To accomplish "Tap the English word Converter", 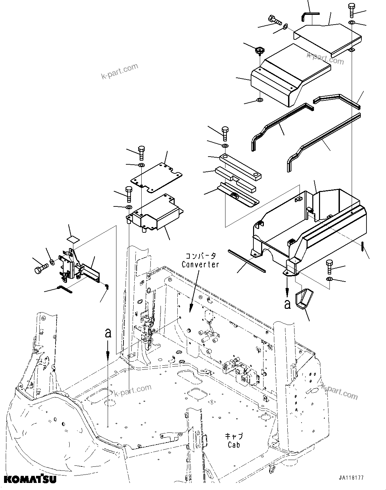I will tap(200, 264).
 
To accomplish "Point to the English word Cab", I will tap(234, 445).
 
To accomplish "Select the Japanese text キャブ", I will tap(234, 436).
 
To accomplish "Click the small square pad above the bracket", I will tap(74, 239).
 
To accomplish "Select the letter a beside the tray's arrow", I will tap(287, 304).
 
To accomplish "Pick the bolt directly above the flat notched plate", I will tap(141, 153).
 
